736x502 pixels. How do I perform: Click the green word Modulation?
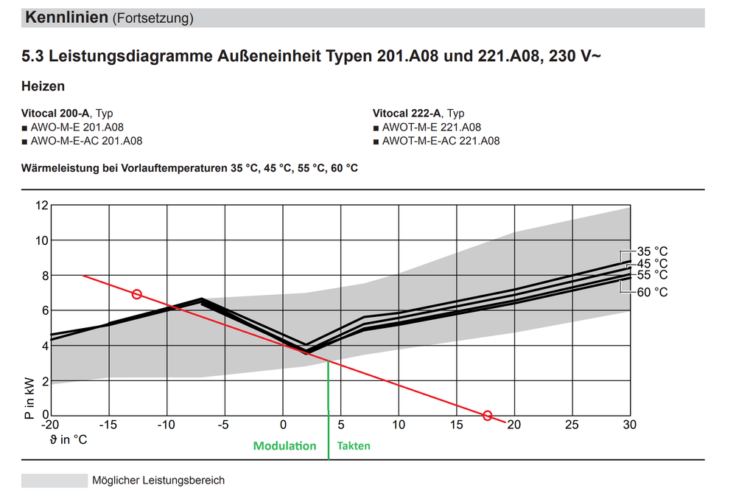click(x=284, y=446)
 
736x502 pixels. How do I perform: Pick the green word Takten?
click(x=354, y=446)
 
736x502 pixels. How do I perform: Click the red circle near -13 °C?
click(x=136, y=294)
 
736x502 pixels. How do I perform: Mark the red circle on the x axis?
click(x=487, y=416)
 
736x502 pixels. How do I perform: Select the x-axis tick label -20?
click(x=49, y=425)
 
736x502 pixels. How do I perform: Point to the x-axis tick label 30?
click(x=629, y=425)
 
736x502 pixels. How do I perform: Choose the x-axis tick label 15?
click(x=456, y=425)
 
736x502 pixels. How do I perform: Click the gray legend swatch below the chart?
click(x=54, y=481)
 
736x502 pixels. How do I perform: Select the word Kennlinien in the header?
click(x=66, y=18)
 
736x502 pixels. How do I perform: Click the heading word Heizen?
click(x=43, y=87)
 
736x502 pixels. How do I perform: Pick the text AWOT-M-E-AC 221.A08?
click(x=441, y=141)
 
